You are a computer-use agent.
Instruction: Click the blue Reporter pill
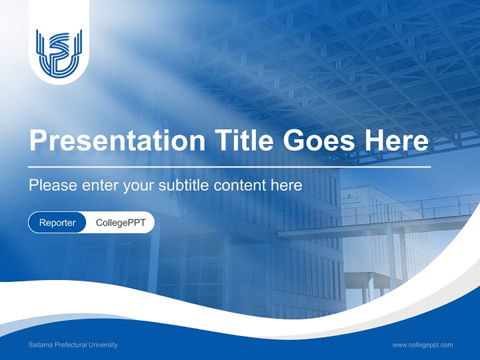[x=57, y=222]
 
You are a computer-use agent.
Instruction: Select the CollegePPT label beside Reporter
[x=120, y=222]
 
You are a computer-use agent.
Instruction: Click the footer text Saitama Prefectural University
[x=73, y=344]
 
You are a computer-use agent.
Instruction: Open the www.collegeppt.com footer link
[x=422, y=344]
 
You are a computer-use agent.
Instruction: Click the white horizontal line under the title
[x=229, y=166]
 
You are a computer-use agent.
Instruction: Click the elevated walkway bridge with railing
[x=380, y=220]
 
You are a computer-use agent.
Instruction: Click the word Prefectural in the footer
[x=70, y=344]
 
